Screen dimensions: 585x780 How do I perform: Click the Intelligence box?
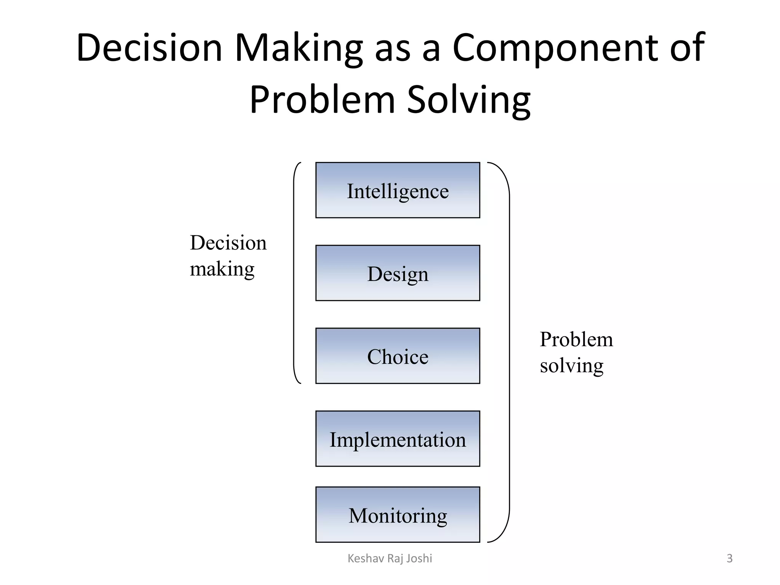[x=398, y=190]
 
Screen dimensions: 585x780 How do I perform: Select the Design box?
[x=398, y=273]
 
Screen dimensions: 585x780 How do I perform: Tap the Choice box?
[x=398, y=356]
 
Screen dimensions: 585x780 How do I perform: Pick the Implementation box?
[x=398, y=438]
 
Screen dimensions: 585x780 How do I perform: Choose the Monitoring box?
[x=398, y=515]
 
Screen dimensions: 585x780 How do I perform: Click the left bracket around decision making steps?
[x=294, y=273]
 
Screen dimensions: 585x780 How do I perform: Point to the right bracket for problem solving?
[x=508, y=352]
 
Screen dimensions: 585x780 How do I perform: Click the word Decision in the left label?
[x=228, y=243]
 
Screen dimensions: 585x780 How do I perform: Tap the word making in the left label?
[x=222, y=269]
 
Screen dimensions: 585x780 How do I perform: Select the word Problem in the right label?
[x=576, y=339]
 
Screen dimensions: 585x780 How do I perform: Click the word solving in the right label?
[x=571, y=366]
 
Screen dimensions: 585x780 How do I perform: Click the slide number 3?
[x=729, y=558]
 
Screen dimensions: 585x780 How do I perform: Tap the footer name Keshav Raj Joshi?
[x=390, y=558]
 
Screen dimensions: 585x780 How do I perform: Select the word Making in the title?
[x=299, y=48]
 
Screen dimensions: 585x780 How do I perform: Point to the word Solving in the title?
[x=469, y=100]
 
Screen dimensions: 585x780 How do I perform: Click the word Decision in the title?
[x=149, y=48]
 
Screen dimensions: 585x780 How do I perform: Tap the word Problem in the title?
[x=322, y=100]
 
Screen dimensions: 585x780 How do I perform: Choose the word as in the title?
[x=393, y=48]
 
